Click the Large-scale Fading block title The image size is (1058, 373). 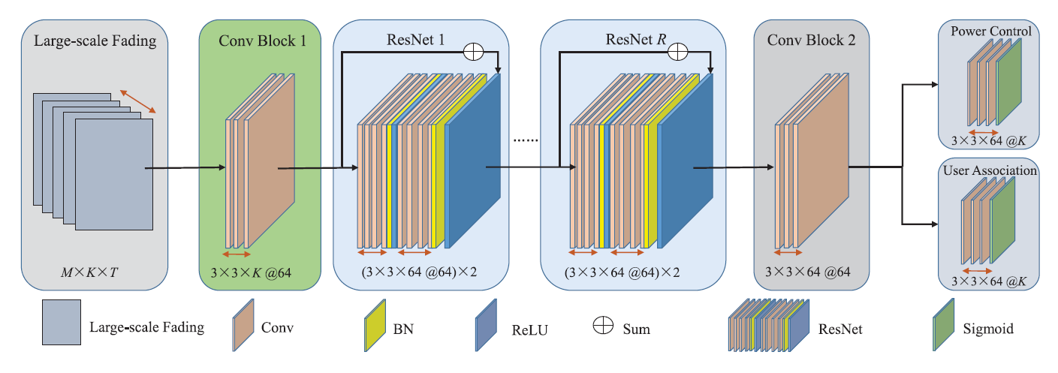pyautogui.click(x=95, y=41)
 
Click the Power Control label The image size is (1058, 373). pyautogui.click(x=990, y=32)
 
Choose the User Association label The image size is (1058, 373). pyautogui.click(x=990, y=170)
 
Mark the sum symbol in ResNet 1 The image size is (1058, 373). pyautogui.click(x=474, y=51)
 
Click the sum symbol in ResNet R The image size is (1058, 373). pyautogui.click(x=678, y=51)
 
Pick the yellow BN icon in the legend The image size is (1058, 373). pyautogui.click(x=375, y=328)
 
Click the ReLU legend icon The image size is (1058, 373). pyautogui.click(x=487, y=328)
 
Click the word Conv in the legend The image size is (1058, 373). pyautogui.click(x=277, y=328)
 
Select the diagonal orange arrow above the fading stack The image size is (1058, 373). pyautogui.click(x=140, y=101)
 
